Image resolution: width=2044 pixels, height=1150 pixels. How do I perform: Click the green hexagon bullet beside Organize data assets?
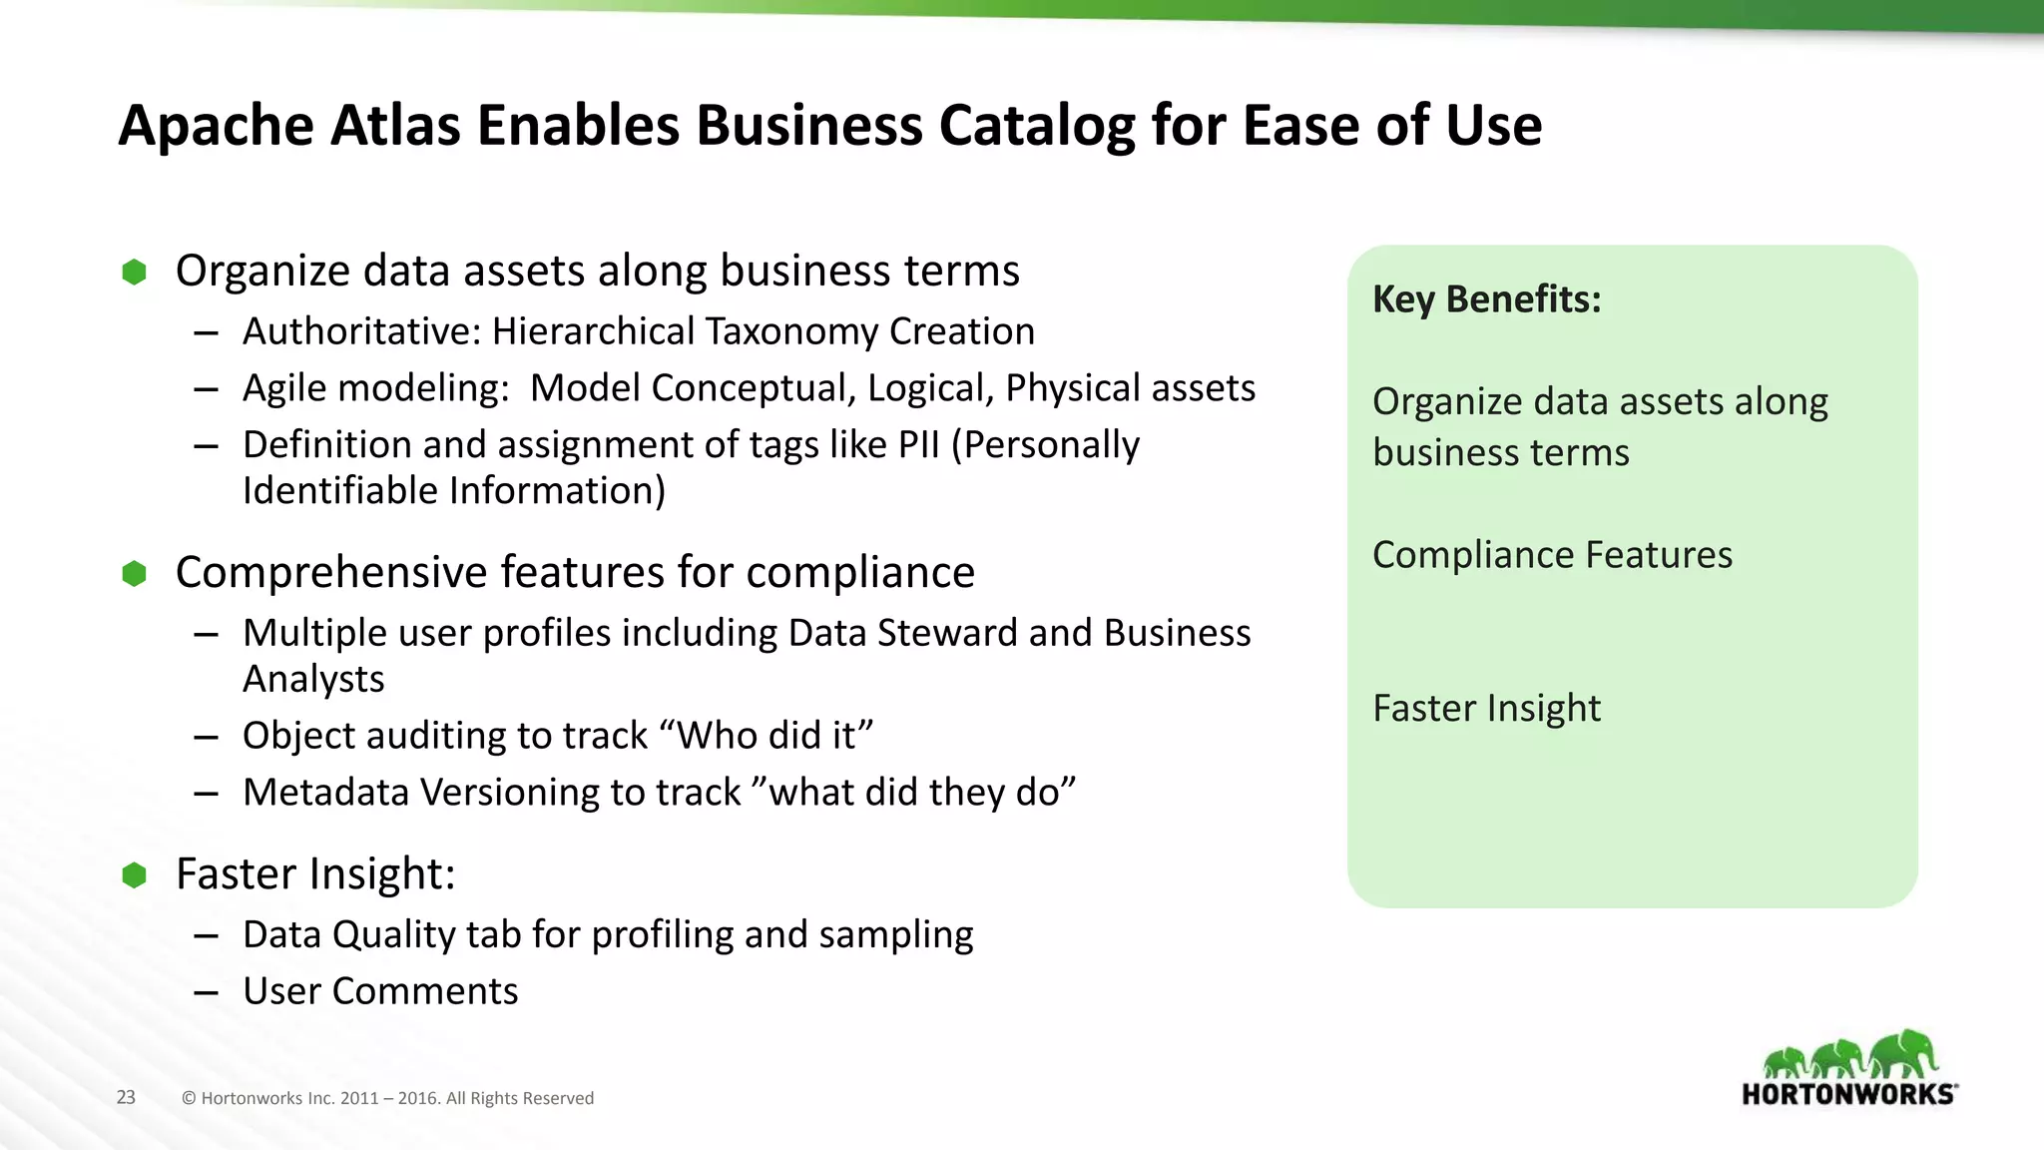click(x=134, y=272)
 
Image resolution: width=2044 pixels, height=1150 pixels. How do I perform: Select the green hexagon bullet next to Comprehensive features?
click(x=134, y=573)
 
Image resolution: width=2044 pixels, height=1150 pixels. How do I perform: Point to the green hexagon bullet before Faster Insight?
click(x=134, y=875)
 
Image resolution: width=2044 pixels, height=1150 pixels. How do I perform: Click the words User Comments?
click(x=380, y=991)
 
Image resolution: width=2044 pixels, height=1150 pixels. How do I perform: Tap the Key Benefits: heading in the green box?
click(x=1486, y=299)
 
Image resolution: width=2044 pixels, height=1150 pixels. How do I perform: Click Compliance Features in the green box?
click(x=1552, y=555)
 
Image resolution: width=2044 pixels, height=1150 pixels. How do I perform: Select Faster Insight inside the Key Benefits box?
click(x=1486, y=709)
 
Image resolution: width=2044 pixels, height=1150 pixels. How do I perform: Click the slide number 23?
click(x=126, y=1097)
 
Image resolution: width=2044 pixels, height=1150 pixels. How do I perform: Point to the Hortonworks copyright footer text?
click(x=387, y=1098)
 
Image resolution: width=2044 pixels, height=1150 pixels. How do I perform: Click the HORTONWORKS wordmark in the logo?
click(x=1848, y=1094)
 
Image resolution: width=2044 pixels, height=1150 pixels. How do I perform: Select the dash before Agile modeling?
click(x=207, y=389)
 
